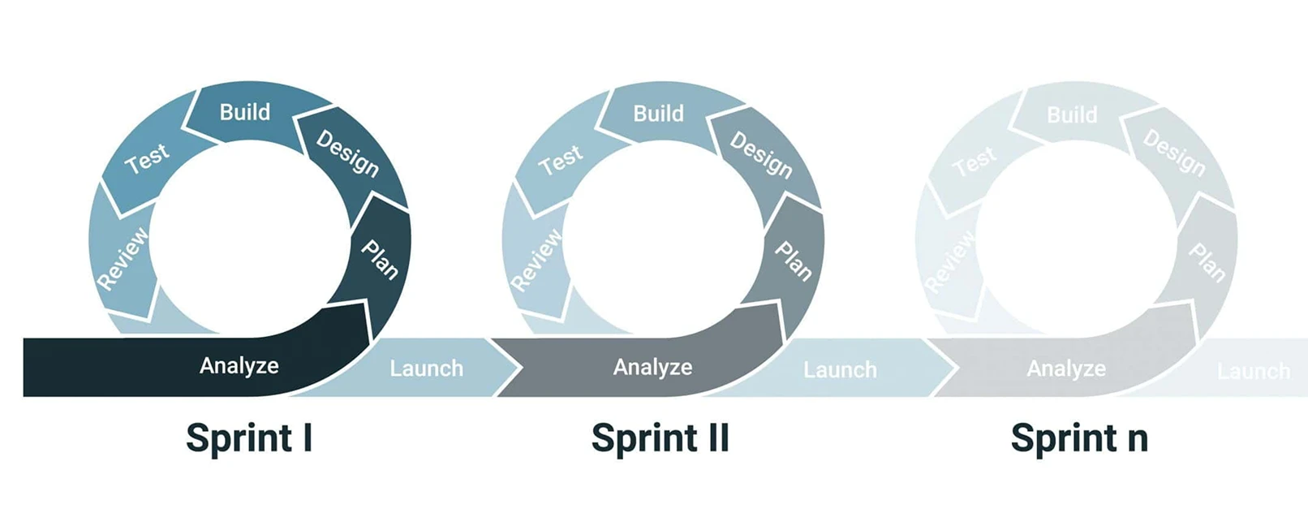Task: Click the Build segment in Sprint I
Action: [x=245, y=112]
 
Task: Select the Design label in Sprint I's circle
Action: [x=347, y=153]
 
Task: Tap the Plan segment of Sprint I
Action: [x=380, y=259]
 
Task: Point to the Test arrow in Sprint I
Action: [x=147, y=158]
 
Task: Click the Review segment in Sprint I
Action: [x=123, y=259]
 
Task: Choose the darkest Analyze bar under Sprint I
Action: [x=239, y=366]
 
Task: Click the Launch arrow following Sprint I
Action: [x=426, y=369]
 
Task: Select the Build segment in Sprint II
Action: [x=658, y=114]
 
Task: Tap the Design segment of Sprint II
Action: [x=761, y=154]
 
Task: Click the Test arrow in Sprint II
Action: [x=561, y=160]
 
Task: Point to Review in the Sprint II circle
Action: [x=536, y=261]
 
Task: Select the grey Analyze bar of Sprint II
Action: [x=652, y=368]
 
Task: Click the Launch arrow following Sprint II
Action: [x=840, y=370]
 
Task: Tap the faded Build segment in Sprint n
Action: [x=1072, y=115]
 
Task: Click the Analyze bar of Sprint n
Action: [x=1066, y=369]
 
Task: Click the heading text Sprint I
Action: [x=249, y=438]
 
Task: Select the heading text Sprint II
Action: [x=660, y=438]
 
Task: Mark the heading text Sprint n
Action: [x=1079, y=438]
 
